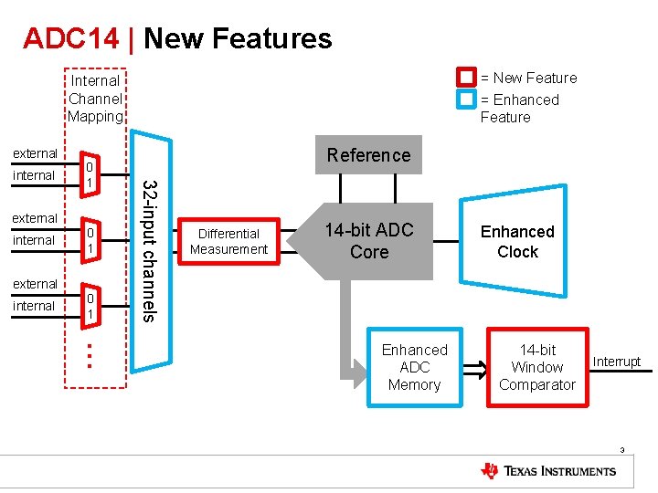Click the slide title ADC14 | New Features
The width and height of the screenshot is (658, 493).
pyautogui.click(x=177, y=38)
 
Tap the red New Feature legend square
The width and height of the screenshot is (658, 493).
pyautogui.click(x=467, y=78)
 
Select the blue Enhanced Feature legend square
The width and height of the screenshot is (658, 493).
pyautogui.click(x=467, y=99)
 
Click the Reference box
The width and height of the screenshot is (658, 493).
pyautogui.click(x=368, y=155)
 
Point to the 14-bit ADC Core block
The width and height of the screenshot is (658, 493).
pyautogui.click(x=369, y=241)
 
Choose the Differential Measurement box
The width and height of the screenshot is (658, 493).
pyautogui.click(x=228, y=241)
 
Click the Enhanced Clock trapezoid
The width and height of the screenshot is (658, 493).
pyautogui.click(x=517, y=241)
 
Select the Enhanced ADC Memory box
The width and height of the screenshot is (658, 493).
pyautogui.click(x=414, y=367)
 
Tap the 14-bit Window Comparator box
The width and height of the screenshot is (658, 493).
pyautogui.click(x=536, y=367)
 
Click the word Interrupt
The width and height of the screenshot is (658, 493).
pyautogui.click(x=617, y=362)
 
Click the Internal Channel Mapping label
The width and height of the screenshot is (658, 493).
pyautogui.click(x=95, y=99)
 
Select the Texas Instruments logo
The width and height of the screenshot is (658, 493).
pyautogui.click(x=548, y=471)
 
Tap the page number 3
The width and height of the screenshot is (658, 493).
pyautogui.click(x=621, y=449)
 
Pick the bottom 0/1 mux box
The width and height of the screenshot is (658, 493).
pyautogui.click(x=89, y=307)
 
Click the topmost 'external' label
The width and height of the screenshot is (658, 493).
pyautogui.click(x=35, y=153)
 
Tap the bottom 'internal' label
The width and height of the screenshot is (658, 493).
pyautogui.click(x=34, y=306)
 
